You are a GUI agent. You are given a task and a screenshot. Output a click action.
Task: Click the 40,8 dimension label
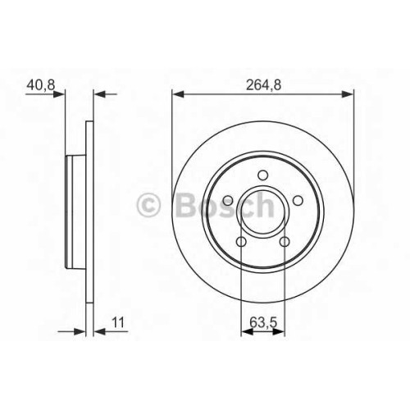pos(41,85)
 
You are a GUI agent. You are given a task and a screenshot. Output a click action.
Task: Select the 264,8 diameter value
pos(263,85)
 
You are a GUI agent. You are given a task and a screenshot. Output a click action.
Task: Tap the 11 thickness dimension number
pos(118,322)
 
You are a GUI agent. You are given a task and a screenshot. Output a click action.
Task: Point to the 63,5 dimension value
pos(263,323)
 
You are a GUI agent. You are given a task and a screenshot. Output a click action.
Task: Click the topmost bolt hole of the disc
pos(263,175)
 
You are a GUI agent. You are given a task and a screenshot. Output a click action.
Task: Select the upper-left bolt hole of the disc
pos(228,201)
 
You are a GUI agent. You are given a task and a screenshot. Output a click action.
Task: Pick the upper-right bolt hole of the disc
pos(298,201)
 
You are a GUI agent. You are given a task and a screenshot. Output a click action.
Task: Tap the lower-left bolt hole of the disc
pos(241,242)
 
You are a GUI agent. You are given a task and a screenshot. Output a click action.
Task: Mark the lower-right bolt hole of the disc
pos(285,242)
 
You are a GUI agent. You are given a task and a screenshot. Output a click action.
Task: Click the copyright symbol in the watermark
pos(148,205)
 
